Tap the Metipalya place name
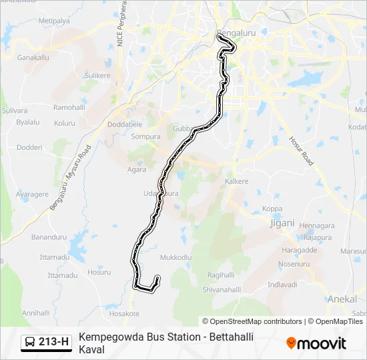pos(54,21)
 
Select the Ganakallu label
pos(33,58)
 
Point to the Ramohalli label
pos(70,107)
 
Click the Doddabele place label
pos(125,124)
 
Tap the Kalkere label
pos(237,181)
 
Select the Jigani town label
pos(281,223)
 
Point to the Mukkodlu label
pos(176,257)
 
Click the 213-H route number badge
pos(53,343)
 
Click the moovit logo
pos(316,343)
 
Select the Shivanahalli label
pos(222,289)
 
